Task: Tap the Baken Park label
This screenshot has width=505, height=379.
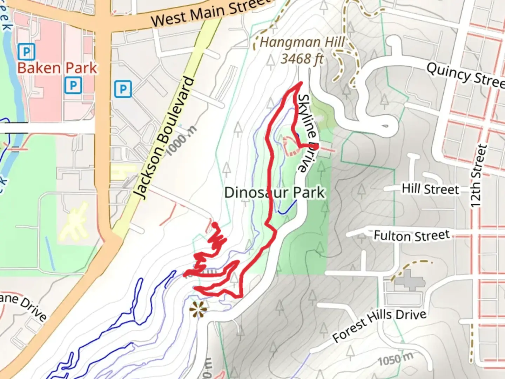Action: point(57,68)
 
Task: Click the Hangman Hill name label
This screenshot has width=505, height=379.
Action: point(302,42)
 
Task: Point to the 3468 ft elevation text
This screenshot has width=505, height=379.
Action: point(302,59)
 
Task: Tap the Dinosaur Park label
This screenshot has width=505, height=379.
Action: point(275,193)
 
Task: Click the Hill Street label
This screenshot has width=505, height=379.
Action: point(430,189)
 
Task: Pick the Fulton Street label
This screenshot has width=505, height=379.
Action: point(411,235)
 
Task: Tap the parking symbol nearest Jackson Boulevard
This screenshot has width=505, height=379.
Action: point(123,89)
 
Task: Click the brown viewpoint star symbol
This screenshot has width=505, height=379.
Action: point(197,310)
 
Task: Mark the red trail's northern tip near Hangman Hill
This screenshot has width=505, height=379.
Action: point(301,83)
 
